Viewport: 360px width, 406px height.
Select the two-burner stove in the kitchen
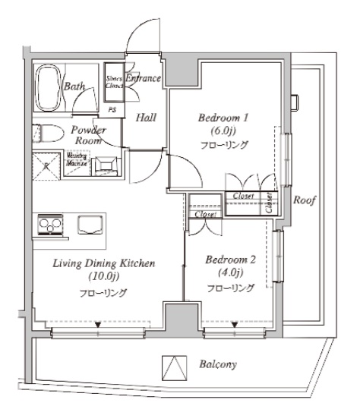point(49,225)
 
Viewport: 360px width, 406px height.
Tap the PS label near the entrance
point(113,109)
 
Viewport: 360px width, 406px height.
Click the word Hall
point(147,118)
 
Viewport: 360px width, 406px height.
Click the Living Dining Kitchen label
point(104,263)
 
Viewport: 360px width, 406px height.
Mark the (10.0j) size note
point(104,277)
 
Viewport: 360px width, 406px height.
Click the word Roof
point(305,200)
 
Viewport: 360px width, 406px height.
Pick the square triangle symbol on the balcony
point(175,367)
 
